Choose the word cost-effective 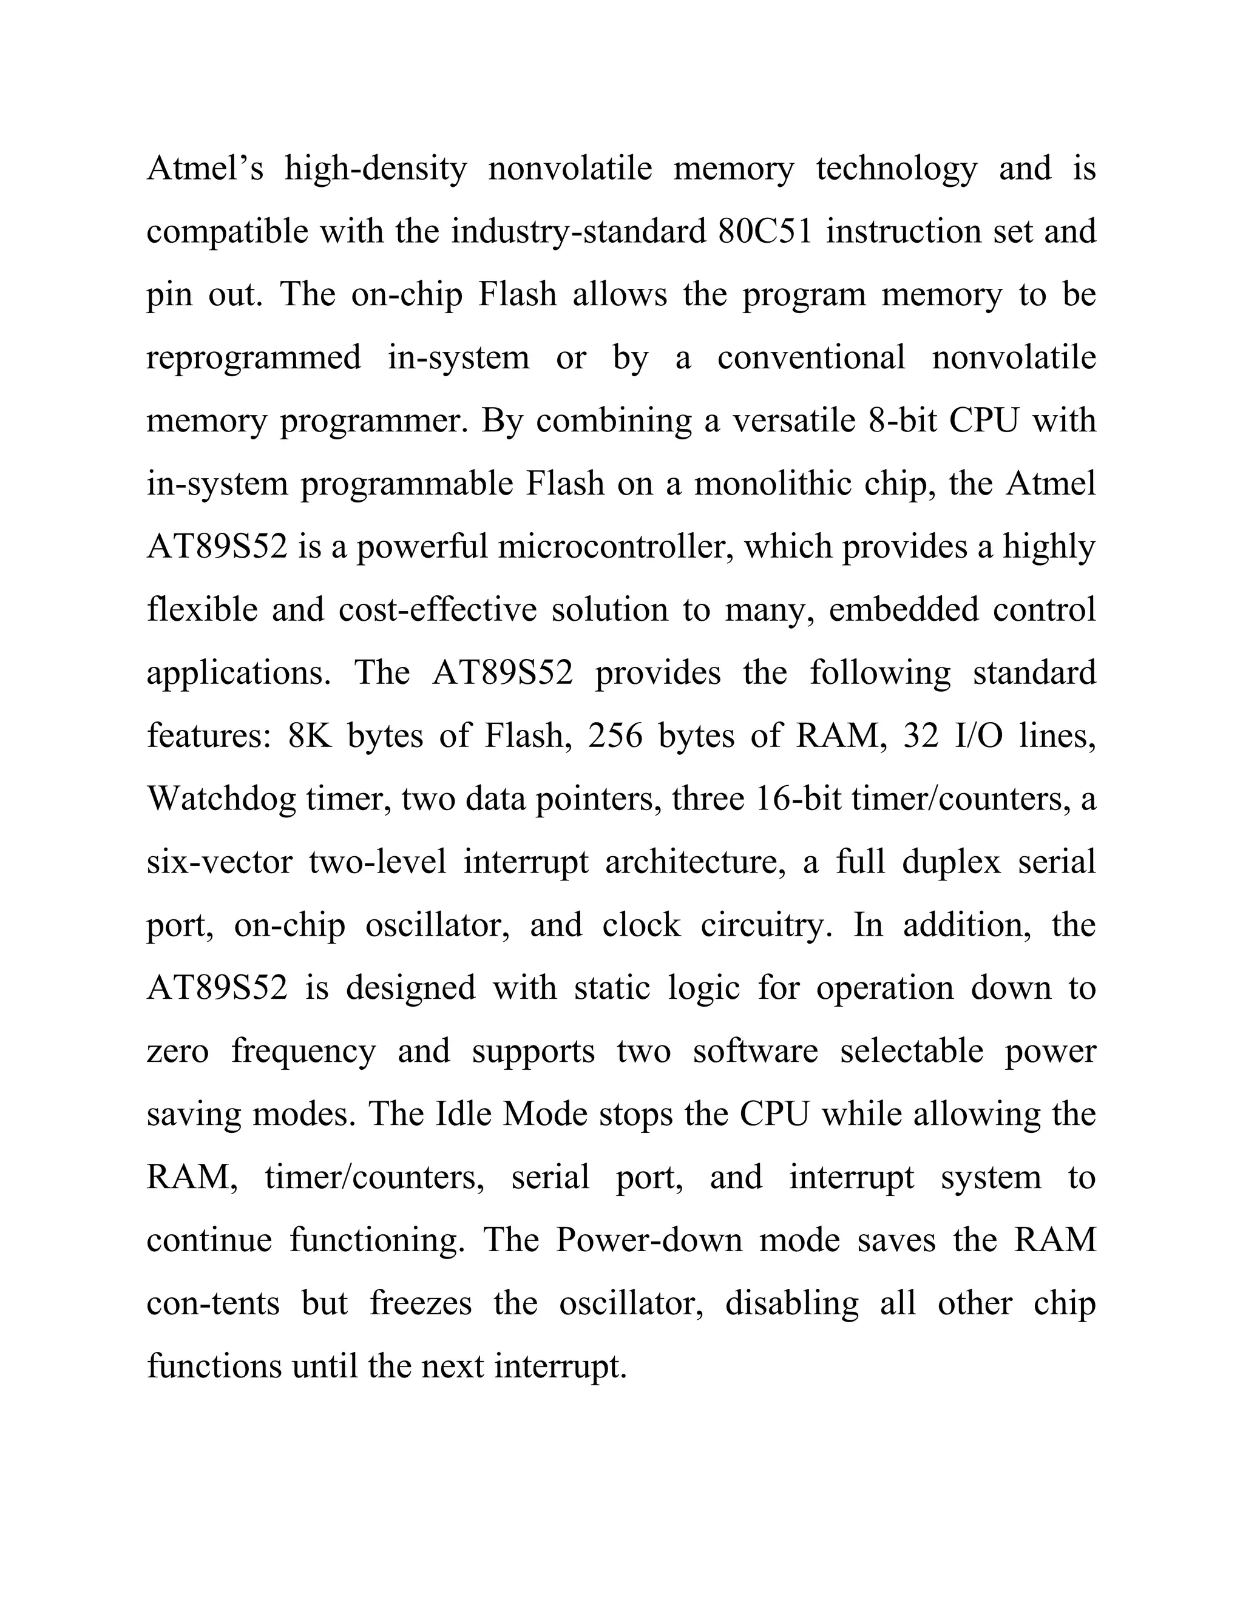[438, 610]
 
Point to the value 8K [310, 736]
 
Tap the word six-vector [218, 862]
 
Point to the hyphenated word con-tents [213, 1304]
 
